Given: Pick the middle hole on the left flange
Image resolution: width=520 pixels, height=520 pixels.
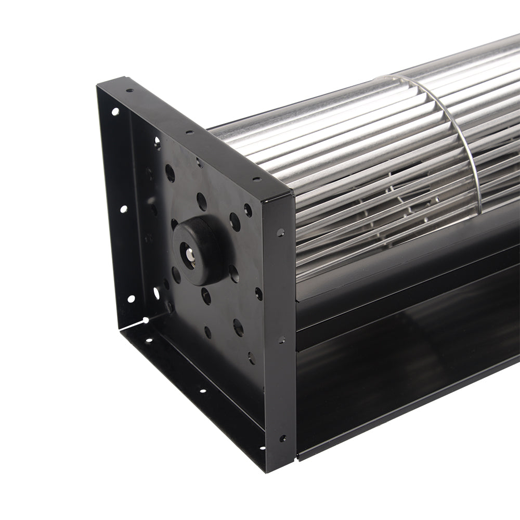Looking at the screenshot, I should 123,209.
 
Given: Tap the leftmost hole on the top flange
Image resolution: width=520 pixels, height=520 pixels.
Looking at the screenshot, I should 129,90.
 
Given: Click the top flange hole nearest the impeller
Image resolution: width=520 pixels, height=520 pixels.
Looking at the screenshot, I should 256,180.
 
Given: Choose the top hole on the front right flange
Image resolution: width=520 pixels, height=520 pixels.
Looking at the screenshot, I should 281,232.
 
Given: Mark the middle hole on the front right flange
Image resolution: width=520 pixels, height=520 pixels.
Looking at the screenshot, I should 281,340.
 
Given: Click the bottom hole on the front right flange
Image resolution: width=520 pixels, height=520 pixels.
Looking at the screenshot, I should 282,438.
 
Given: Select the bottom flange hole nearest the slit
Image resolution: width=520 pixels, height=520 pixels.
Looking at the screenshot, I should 150,341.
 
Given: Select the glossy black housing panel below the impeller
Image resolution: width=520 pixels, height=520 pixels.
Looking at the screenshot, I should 406,374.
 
